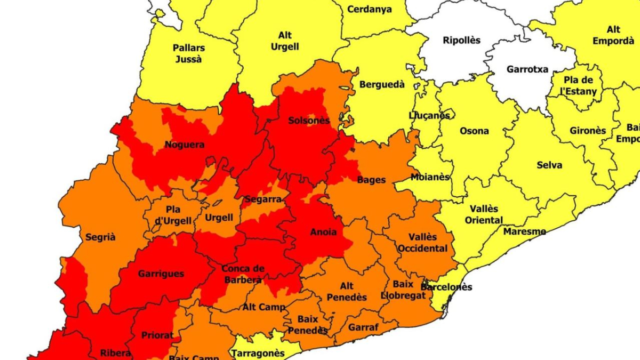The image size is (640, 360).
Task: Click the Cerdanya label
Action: click(369, 9)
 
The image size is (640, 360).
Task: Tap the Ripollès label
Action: click(461, 40)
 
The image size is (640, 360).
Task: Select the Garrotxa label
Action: click(527, 69)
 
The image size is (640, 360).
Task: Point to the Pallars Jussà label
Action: click(188, 53)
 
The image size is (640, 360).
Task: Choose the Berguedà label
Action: click(382, 84)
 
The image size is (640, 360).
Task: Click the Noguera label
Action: click(185, 145)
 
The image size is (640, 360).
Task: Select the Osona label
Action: click(474, 131)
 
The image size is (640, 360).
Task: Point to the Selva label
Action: click(549, 165)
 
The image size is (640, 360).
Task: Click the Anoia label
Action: click(323, 232)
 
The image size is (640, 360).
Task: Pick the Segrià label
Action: click(100, 237)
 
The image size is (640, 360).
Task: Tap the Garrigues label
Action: click(161, 274)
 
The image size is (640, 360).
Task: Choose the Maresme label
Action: click(524, 231)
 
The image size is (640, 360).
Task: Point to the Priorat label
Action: click(157, 335)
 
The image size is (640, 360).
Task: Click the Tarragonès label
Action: click(259, 353)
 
